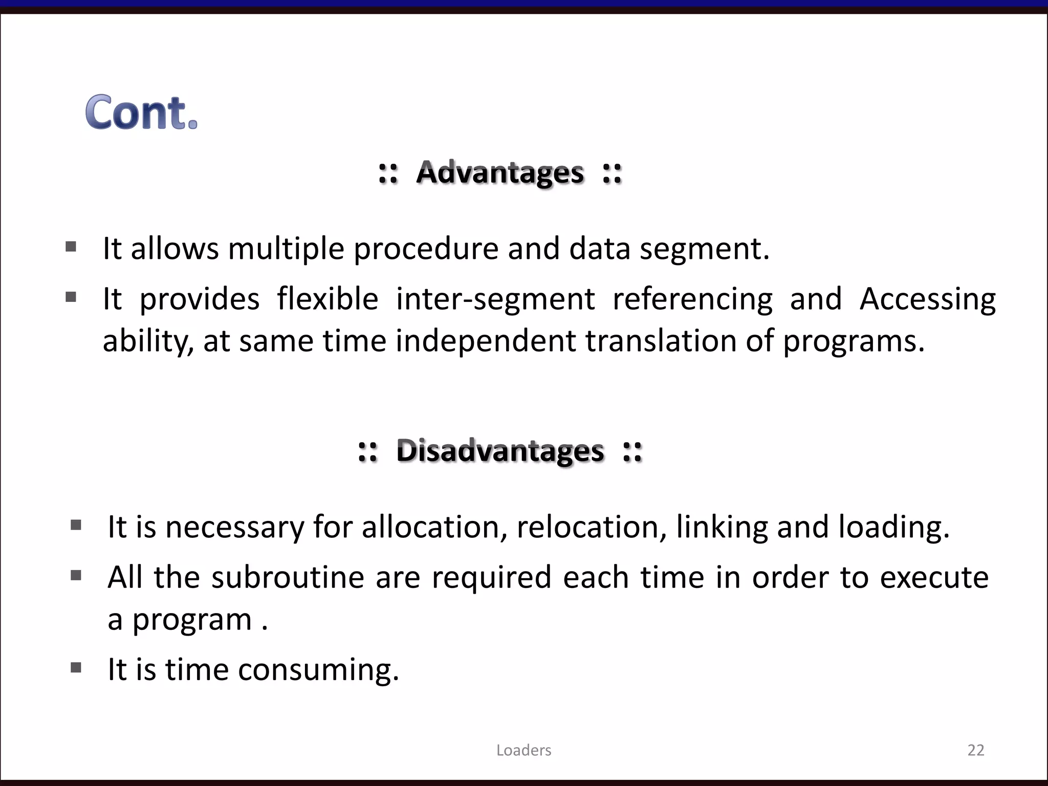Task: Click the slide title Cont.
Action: (141, 112)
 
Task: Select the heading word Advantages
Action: (500, 172)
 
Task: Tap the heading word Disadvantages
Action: (500, 451)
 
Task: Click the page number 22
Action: (975, 750)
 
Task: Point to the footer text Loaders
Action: (523, 750)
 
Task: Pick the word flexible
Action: (327, 299)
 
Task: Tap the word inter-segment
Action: (495, 299)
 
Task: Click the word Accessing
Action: (927, 300)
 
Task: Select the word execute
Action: (934, 577)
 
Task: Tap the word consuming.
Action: (318, 670)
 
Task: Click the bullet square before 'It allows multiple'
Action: (71, 247)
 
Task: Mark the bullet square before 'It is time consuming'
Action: (76, 667)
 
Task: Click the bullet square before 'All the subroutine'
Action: (76, 576)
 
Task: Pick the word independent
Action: (486, 341)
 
